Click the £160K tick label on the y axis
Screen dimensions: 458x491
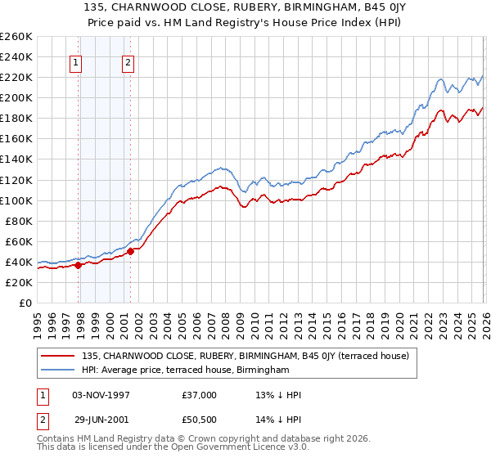click(x=16, y=139)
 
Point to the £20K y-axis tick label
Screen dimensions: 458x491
click(x=18, y=282)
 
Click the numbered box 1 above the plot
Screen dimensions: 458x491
click(x=75, y=62)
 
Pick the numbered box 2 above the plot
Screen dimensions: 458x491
click(x=128, y=62)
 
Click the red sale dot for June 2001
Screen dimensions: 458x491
click(x=131, y=251)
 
